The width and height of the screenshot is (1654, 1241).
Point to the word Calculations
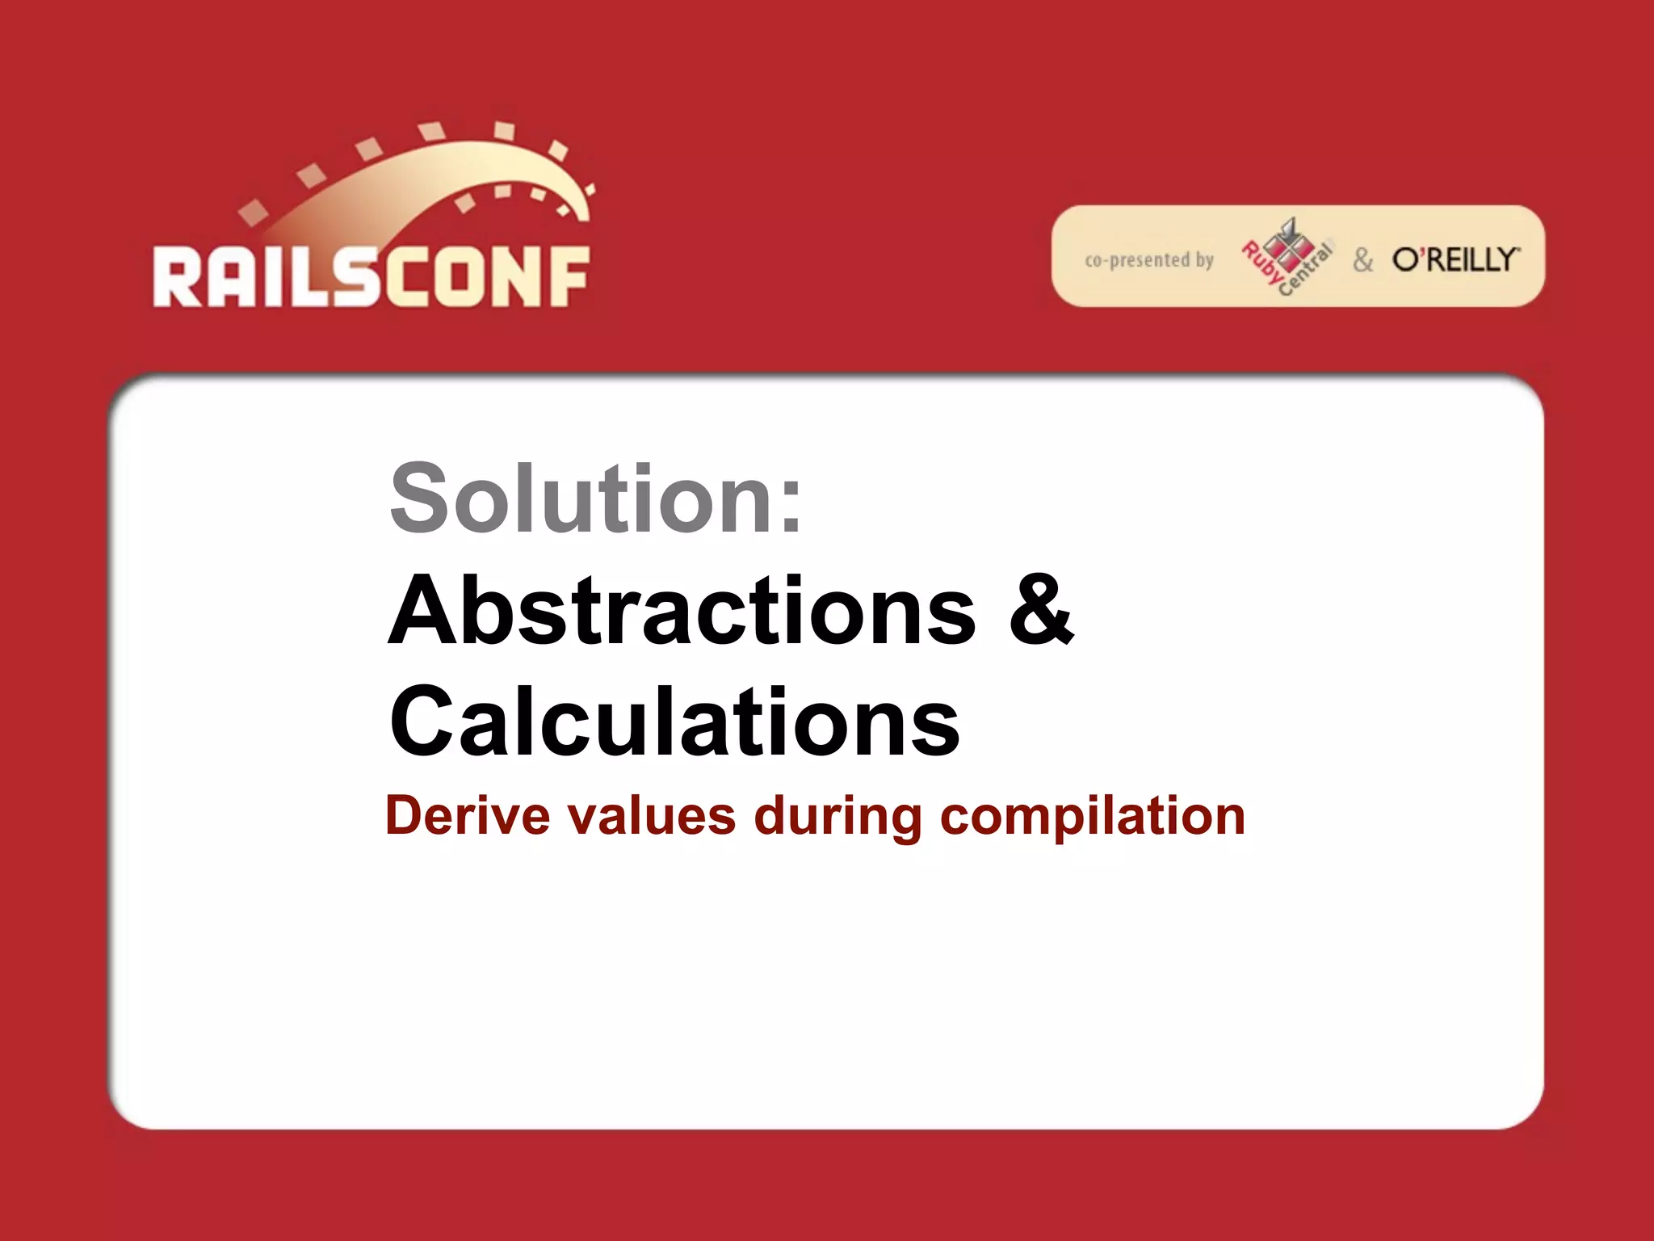(x=674, y=721)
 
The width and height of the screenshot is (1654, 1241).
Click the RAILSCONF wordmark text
(x=371, y=276)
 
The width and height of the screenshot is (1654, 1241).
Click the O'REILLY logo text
(x=1456, y=259)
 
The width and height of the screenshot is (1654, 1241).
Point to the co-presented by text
(x=1149, y=259)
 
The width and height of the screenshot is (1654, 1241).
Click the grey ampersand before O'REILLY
(x=1363, y=259)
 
